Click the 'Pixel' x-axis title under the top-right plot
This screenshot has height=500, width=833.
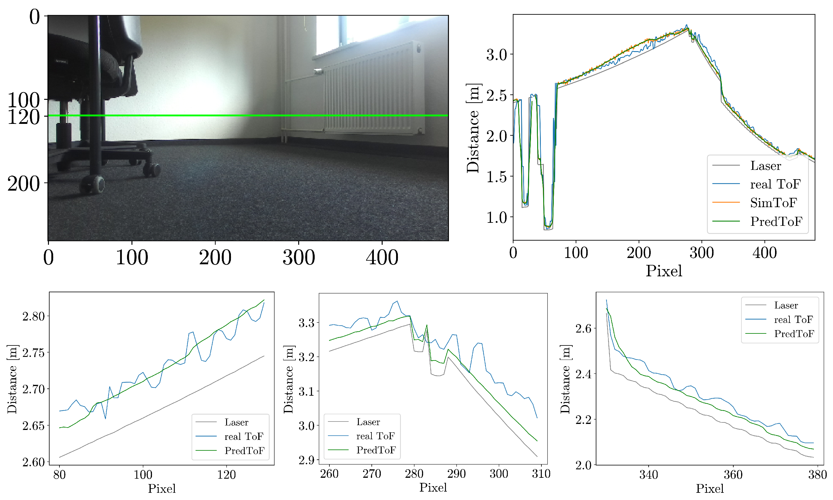(664, 271)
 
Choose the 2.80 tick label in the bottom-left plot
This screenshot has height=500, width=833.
(33, 317)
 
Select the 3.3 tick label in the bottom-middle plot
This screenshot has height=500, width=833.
(307, 323)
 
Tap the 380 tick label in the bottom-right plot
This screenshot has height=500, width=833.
(817, 475)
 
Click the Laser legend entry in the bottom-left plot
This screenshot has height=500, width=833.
(236, 422)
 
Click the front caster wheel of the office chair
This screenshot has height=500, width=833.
(97, 185)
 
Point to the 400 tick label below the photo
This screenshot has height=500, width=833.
(382, 258)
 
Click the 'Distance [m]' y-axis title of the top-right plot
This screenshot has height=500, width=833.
(473, 128)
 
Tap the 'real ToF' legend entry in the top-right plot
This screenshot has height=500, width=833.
(775, 184)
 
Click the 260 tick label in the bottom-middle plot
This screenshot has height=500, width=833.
(329, 474)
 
